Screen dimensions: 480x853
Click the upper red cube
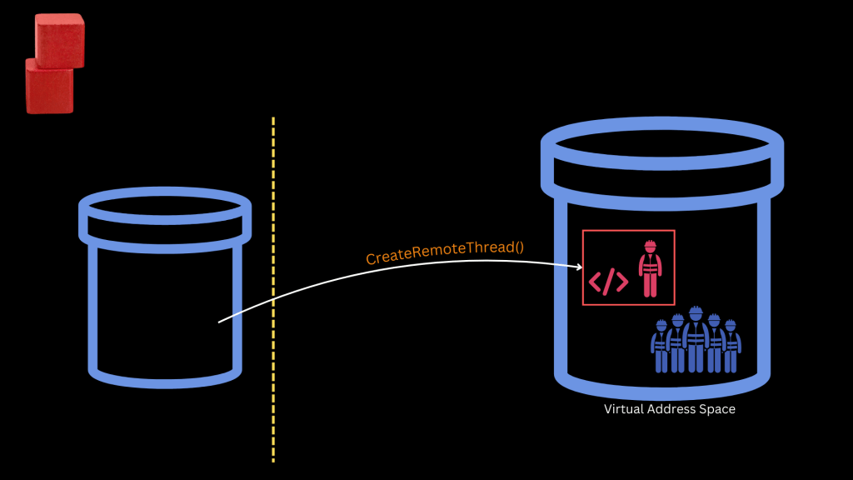(x=59, y=40)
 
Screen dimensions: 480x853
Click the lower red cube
(x=49, y=87)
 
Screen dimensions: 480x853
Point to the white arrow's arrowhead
(x=578, y=267)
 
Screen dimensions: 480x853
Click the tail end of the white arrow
(x=220, y=321)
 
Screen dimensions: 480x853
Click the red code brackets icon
(x=609, y=282)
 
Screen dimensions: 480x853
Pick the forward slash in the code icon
(x=609, y=282)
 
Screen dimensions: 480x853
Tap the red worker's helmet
(x=649, y=246)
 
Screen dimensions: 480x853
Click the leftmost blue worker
(x=661, y=347)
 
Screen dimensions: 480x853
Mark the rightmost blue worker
(x=731, y=347)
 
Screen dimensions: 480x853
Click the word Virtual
(x=622, y=409)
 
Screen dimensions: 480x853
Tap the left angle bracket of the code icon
(x=596, y=282)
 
